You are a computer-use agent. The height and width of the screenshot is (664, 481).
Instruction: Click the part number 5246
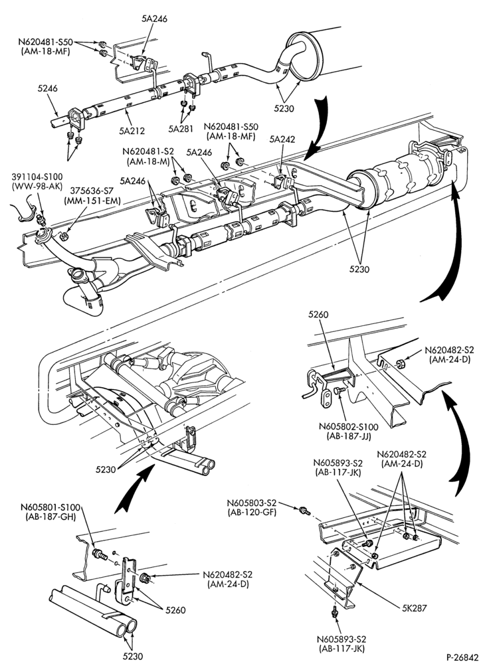pos(47,88)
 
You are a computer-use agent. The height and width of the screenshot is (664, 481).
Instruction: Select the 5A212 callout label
pos(132,131)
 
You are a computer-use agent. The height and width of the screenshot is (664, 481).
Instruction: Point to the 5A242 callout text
pos(282,139)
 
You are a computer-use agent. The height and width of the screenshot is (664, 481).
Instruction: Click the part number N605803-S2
pos(252,503)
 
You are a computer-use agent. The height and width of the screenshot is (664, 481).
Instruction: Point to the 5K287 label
pos(414,608)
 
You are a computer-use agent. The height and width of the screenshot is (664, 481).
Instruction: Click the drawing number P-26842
pos(461,657)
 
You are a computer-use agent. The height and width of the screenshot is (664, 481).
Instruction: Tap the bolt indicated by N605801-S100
pos(99,554)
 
